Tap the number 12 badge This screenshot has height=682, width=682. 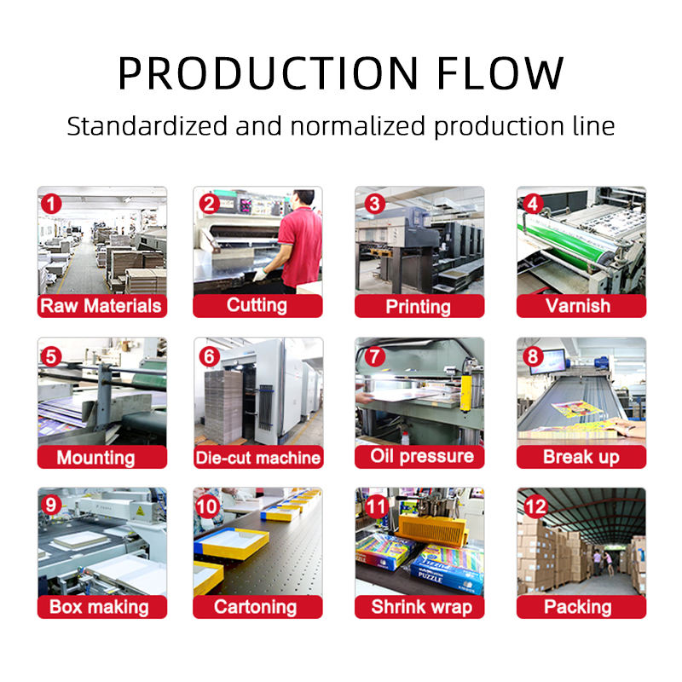535,506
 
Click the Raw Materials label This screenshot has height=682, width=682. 101,306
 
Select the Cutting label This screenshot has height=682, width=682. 257,305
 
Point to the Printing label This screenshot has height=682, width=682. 418,306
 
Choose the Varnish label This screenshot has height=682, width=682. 581,305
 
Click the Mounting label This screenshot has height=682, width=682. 95,458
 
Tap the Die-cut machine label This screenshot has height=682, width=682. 257,458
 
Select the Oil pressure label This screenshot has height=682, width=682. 421,456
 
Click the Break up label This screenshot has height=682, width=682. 581,457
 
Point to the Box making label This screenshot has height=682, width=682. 99,607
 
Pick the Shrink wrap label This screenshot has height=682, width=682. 421,607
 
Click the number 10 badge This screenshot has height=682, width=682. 208,506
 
